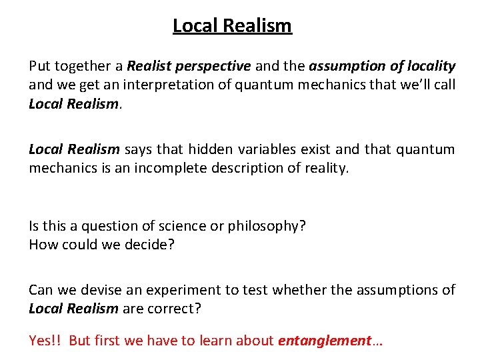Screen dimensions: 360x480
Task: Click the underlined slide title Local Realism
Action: tap(232, 25)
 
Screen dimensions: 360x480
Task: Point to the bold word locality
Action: tap(430, 66)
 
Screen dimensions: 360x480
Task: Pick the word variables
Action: tap(260, 149)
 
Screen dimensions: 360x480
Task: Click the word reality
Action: tap(323, 169)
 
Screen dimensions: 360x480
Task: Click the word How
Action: tap(42, 245)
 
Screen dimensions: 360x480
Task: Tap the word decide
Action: tap(150, 245)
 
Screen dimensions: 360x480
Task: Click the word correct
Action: tap(175, 309)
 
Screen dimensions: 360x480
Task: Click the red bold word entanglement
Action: tap(324, 341)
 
